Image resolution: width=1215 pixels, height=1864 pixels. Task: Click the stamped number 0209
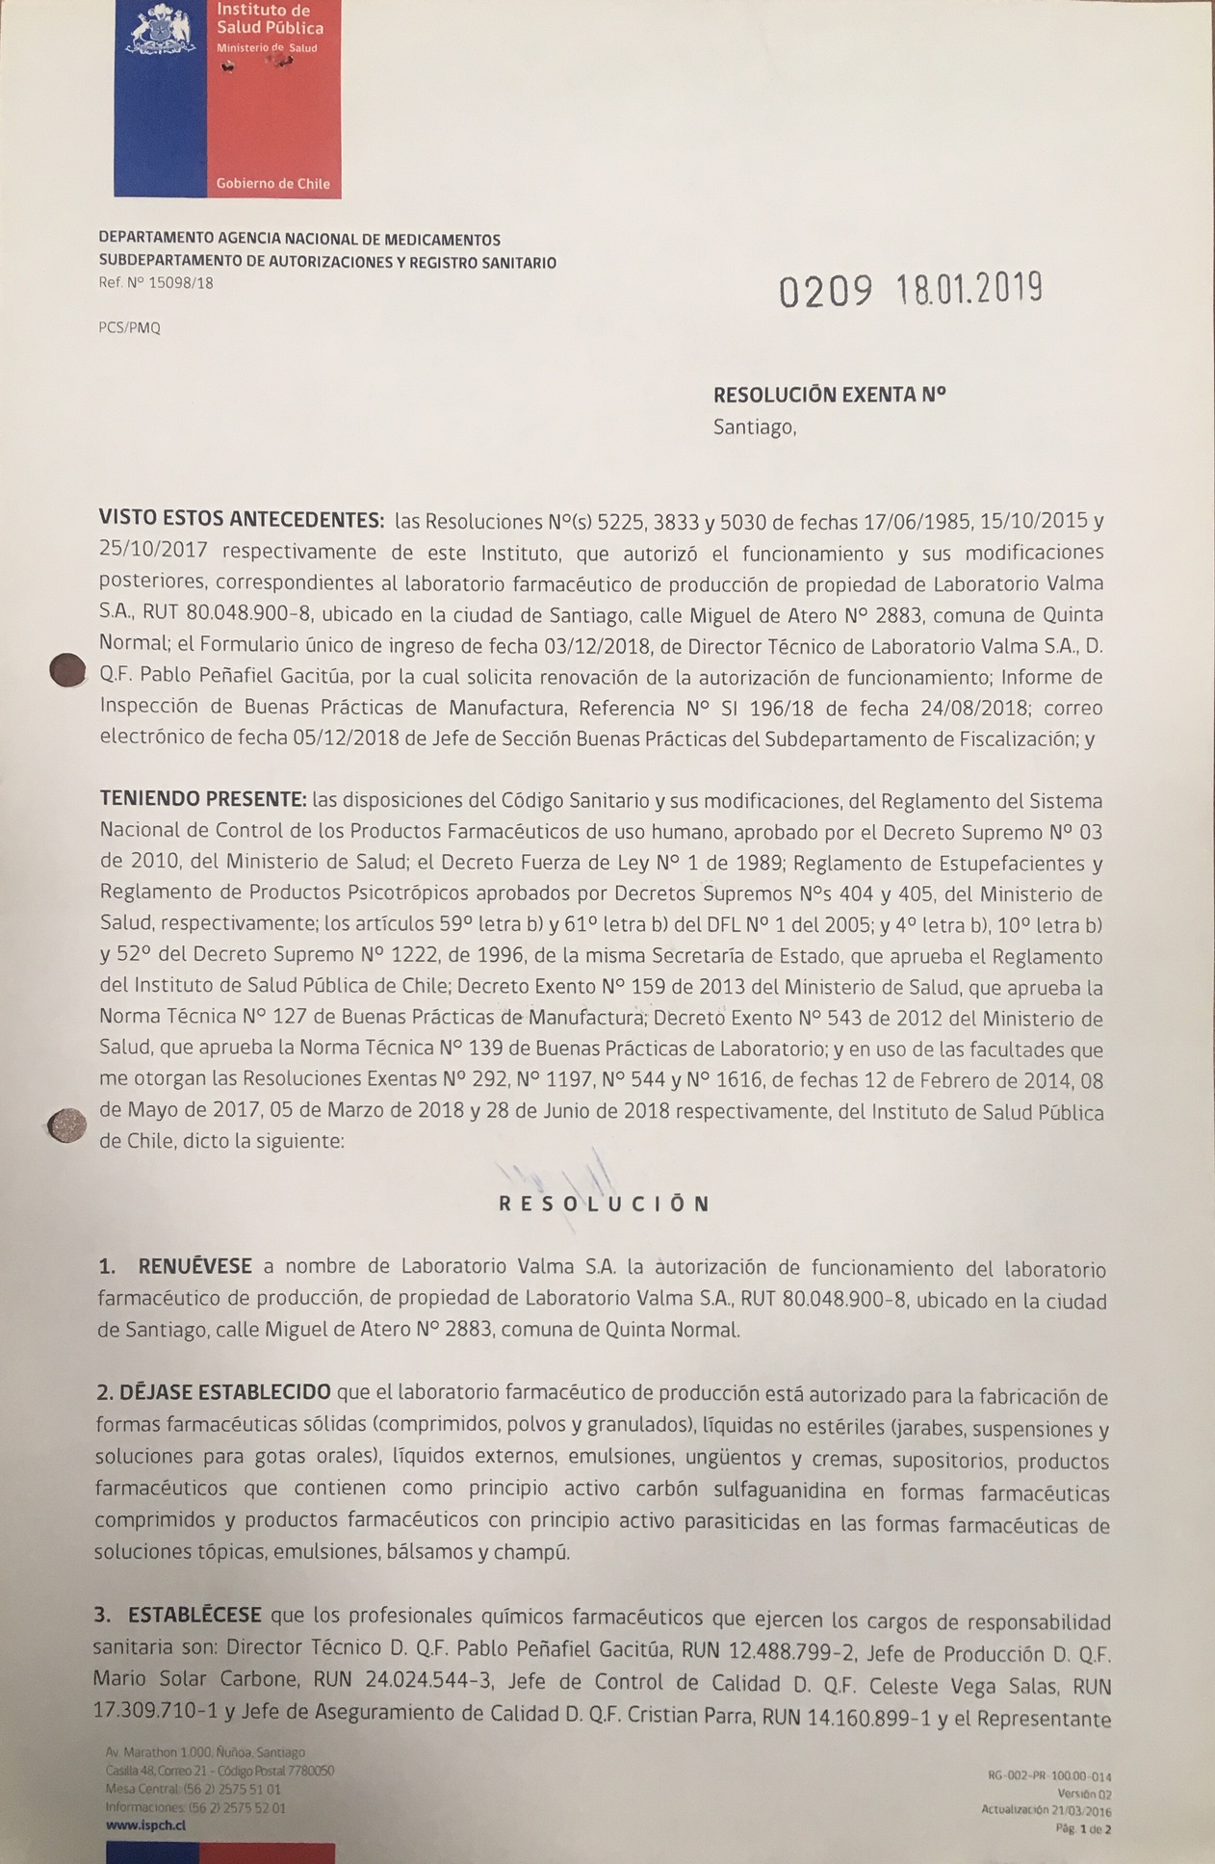tap(825, 291)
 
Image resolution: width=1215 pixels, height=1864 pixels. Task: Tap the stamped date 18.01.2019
tap(969, 288)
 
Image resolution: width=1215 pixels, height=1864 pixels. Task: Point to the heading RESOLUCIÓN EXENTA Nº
tap(829, 394)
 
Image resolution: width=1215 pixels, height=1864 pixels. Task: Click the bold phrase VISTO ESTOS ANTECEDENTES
tap(242, 521)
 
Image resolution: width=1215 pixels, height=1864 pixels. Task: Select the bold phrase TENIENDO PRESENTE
tap(203, 800)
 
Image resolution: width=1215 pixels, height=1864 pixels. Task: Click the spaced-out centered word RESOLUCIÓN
tap(604, 1204)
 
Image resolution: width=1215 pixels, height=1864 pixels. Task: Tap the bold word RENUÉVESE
tap(194, 1266)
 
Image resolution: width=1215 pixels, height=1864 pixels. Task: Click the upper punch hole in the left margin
tap(67, 670)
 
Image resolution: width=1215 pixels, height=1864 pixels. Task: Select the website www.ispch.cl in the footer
tap(146, 1825)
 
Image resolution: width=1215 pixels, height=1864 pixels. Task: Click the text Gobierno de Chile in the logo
tap(272, 183)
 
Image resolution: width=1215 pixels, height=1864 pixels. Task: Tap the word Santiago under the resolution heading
tap(754, 427)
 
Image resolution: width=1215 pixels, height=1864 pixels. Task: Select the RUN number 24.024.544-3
tap(429, 1682)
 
